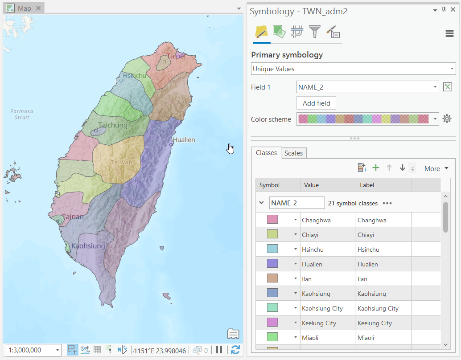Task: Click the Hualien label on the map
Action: coord(184,139)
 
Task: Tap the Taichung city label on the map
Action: coord(113,125)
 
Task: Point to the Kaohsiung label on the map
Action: coord(88,245)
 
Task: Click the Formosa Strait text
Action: coord(22,114)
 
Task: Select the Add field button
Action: coord(316,103)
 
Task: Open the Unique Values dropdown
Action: coord(353,69)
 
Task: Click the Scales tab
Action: coord(293,153)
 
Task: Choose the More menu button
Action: coord(436,168)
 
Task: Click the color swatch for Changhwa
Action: coord(272,220)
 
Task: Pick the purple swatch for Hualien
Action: coord(272,264)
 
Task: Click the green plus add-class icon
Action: coord(376,168)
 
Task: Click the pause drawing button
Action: coord(219,350)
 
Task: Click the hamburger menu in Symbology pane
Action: coord(449,33)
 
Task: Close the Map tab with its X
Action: coord(38,8)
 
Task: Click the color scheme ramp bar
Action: coord(363,119)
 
